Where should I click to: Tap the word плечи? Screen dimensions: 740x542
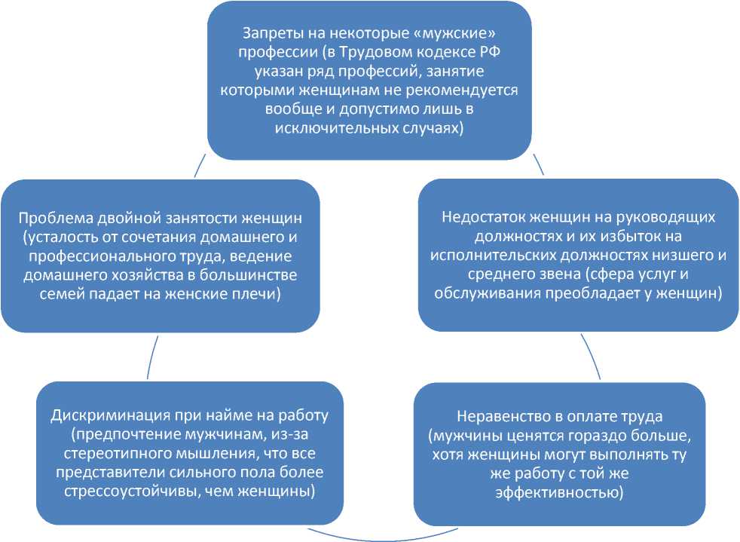[x=255, y=293]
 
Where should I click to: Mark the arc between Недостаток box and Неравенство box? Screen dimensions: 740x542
[x=591, y=355]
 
